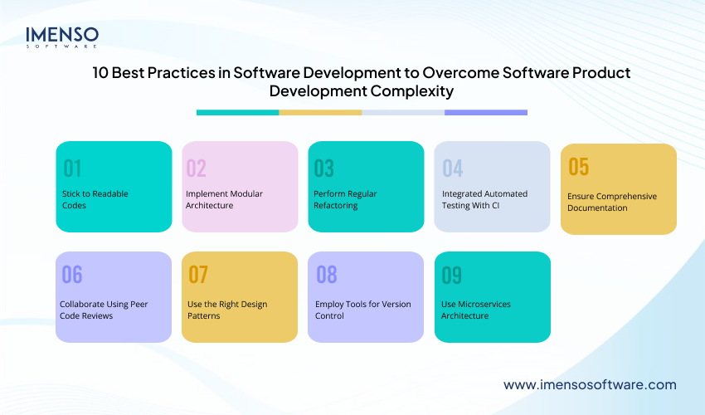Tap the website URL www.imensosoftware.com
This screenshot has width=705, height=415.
[x=590, y=385]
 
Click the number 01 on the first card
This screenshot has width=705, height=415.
[x=73, y=168]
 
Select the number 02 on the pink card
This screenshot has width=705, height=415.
[x=196, y=168]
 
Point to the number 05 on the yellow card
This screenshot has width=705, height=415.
[x=578, y=167]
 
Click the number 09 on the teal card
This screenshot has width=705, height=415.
[x=452, y=276]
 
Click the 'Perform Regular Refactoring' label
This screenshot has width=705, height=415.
[x=345, y=199]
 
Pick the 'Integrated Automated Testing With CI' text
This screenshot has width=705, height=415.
[x=484, y=199]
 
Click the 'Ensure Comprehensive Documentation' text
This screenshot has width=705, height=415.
[x=612, y=202]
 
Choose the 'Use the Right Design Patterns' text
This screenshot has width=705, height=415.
[x=227, y=310]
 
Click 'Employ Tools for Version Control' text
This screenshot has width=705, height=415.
[x=362, y=310]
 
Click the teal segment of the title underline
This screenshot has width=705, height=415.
[x=237, y=112]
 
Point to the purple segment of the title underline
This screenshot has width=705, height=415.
[x=485, y=112]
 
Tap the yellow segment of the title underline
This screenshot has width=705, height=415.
[x=320, y=112]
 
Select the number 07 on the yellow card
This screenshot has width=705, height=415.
[x=197, y=276]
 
